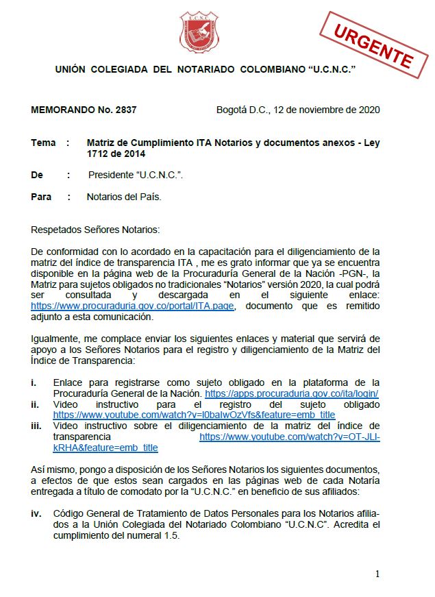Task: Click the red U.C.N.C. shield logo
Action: coord(199,32)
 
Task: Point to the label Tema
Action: coord(43,143)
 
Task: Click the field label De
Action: coord(37,175)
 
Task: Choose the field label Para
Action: coord(41,197)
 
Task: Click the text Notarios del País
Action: coord(124,197)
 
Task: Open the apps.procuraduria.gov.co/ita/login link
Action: coord(292,393)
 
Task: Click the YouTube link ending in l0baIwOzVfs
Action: coord(194,415)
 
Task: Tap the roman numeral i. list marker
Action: coord(34,382)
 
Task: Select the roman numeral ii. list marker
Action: coord(36,404)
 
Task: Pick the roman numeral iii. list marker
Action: coord(37,426)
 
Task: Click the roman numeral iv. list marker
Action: coord(36,513)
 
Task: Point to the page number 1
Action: coord(377,574)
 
